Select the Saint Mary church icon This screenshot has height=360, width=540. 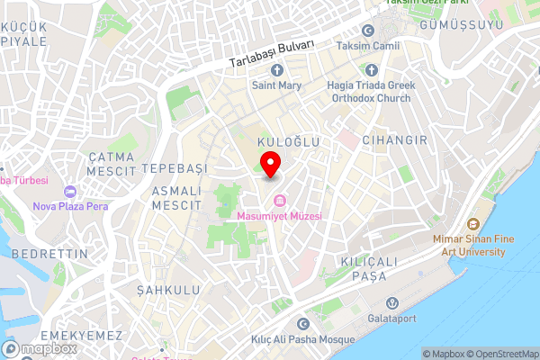click(276, 70)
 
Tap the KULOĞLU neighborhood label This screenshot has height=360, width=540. click(289, 142)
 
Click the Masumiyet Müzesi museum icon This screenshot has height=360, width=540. click(279, 200)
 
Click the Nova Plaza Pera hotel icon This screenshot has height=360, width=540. click(70, 191)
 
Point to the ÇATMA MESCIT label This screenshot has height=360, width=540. click(111, 163)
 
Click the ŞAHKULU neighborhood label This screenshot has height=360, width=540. click(166, 290)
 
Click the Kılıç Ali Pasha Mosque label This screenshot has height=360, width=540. click(302, 340)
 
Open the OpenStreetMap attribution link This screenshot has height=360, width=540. click(502, 354)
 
